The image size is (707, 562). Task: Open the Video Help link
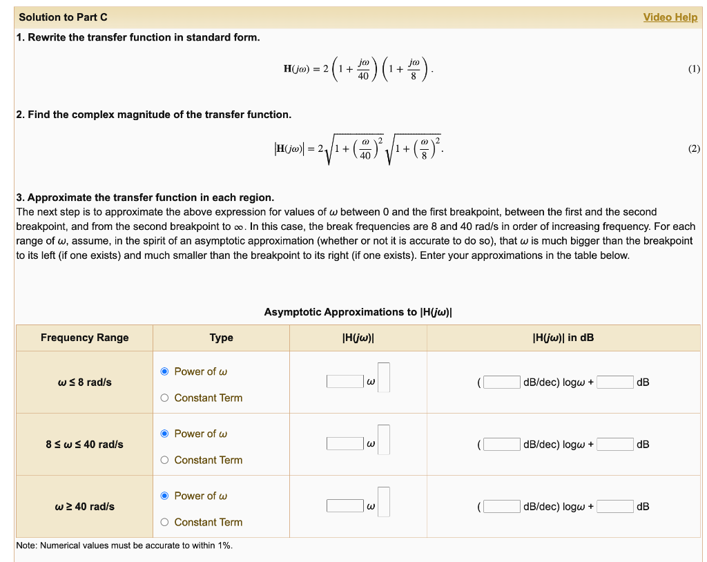[670, 17]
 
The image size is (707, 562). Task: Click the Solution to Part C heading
[63, 17]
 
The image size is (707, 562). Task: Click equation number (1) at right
[694, 69]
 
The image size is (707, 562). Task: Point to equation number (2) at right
[694, 148]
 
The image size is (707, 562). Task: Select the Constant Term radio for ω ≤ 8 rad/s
[164, 398]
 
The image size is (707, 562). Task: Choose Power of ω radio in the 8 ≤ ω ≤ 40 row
[164, 434]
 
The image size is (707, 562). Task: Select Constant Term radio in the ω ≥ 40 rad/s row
[164, 522]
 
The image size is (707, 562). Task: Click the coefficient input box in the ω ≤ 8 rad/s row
[345, 382]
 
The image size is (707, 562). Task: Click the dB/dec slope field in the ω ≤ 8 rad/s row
[501, 382]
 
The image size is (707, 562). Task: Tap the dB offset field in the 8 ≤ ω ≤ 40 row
[614, 444]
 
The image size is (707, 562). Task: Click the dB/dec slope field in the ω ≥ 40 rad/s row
[501, 506]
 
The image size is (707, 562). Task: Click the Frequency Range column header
[84, 338]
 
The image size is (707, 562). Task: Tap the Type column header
[221, 338]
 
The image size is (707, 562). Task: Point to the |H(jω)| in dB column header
[563, 338]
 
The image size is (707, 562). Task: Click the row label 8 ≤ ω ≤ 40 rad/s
[84, 444]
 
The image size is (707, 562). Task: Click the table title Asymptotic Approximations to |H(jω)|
[358, 312]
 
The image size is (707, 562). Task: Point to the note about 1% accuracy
[124, 545]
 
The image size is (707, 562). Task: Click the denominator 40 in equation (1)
[363, 76]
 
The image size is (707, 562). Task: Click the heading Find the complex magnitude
[153, 114]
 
